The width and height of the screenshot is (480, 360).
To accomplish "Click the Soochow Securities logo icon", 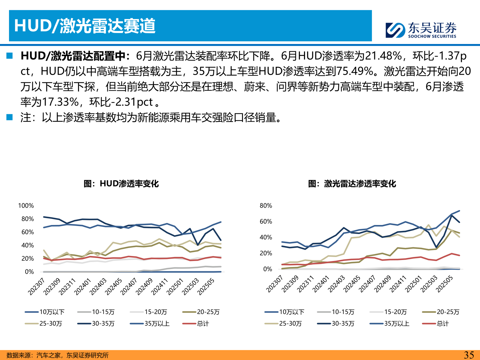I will pos(395,30).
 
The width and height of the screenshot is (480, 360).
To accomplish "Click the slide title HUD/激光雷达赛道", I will pos(85,26).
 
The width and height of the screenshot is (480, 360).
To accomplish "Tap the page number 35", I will pos(469,355).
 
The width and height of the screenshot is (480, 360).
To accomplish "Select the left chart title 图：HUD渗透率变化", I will pos(121,184).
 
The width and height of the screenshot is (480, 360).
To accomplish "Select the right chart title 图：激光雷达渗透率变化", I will pos(352,184).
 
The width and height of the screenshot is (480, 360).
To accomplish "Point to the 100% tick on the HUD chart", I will pos(26,206).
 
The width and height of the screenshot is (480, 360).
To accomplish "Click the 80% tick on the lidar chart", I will pos(266,206).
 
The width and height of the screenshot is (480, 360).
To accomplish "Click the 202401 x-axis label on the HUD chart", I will pos(83,287).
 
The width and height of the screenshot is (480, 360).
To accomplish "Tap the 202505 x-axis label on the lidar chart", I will pos(445,284).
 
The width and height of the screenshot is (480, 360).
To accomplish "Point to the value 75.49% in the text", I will pos(355,71).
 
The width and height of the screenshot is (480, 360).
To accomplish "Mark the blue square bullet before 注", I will pos(9,117).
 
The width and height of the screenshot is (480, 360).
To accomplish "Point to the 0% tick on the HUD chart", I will pos(29,272).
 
